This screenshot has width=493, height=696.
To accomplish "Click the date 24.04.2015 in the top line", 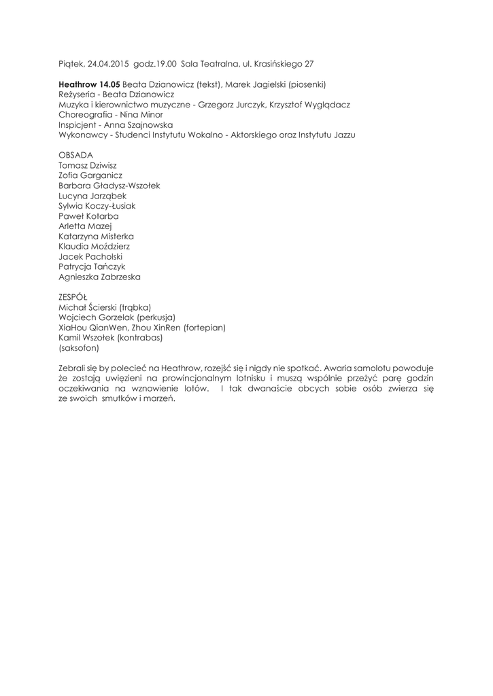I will pos(109,63).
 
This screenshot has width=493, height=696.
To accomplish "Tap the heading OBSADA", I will pos(76,155).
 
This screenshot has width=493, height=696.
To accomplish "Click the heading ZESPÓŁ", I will pos(73,296).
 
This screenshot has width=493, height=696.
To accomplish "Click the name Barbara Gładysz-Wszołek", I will pos(109,186).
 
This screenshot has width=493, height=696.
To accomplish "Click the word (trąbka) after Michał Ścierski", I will pos(135,307).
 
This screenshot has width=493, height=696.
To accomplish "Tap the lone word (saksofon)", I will pos(79,348).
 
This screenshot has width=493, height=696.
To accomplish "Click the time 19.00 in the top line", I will pos(165,63).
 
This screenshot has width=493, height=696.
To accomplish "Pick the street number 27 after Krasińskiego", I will pos(309,63).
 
